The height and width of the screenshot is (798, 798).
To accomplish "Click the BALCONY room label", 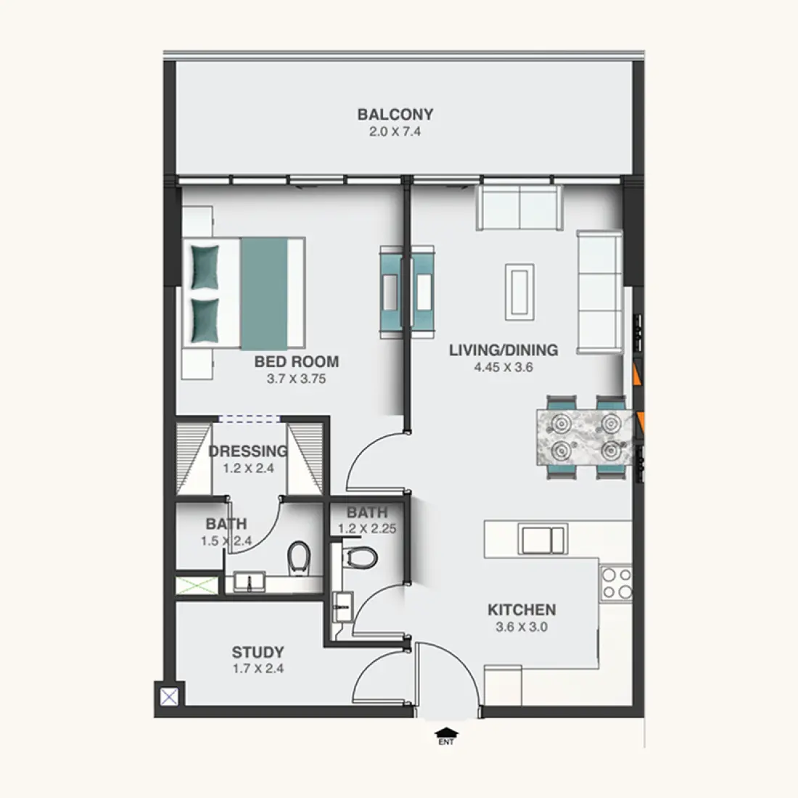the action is pos(395,114).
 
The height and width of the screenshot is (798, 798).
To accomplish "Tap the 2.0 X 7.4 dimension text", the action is pos(395,132).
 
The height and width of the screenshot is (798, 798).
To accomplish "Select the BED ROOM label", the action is pos(297,362).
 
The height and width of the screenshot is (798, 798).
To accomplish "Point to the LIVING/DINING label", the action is pos(503,350).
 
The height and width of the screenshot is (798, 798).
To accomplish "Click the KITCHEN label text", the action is pos(522,609).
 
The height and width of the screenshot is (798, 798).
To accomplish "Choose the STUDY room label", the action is pos(258,652).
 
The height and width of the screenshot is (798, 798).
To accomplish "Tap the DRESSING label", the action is pos(248,451).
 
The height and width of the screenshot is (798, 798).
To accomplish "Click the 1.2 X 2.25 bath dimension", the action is pos(368,529).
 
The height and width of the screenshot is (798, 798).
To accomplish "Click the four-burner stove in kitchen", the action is pos(617,584).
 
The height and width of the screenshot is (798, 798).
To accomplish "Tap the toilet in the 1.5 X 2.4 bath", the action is pos(299,557).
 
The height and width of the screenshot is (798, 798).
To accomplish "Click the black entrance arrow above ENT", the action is pos(446,733).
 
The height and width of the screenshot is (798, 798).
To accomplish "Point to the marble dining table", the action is pos(585,437).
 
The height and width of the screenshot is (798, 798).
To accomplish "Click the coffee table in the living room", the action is pos(519,292).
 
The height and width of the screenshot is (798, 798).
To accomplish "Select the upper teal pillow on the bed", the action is pos(205,267).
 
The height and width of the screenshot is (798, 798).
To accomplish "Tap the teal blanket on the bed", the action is pos(264,294).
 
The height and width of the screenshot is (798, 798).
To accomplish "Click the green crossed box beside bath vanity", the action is pos(197,585).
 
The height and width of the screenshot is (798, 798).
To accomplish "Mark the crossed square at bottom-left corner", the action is pos(169,696).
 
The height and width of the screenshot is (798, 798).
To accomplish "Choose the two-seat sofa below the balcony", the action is pos(519,207).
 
